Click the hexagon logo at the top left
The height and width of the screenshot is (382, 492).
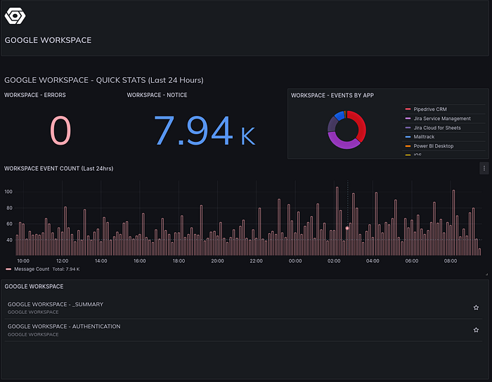point(15,15)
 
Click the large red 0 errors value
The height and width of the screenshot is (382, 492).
point(60,130)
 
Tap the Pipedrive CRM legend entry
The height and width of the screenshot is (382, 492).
point(429,110)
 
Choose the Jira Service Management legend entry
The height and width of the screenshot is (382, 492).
point(442,119)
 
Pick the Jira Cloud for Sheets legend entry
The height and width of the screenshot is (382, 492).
point(437,128)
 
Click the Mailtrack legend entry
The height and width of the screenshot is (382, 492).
point(424,137)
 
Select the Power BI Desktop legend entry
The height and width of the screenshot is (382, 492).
point(433,146)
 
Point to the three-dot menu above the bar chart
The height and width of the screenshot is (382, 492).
point(484,168)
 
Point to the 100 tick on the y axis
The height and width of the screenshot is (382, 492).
point(9,191)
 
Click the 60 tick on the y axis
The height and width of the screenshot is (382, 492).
point(9,224)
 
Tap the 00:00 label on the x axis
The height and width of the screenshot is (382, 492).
point(295,261)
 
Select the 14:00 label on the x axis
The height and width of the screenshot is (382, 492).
point(101,261)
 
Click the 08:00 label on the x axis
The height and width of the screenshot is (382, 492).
point(451,261)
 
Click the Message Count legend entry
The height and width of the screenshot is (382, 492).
point(31,269)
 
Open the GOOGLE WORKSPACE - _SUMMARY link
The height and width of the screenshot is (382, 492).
point(56,305)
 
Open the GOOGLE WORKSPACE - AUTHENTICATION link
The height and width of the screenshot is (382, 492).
point(64,327)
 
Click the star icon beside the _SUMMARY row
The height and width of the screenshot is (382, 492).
point(476,308)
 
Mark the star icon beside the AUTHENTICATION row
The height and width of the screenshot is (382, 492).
point(476,329)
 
